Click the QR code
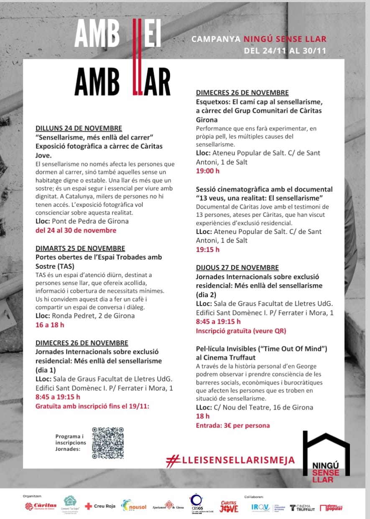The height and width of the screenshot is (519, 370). [108, 443]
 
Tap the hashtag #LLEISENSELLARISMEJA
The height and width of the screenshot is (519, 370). [230, 460]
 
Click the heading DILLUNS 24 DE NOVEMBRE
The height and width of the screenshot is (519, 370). [79, 128]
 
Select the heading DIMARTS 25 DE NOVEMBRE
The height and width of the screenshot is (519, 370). [80, 248]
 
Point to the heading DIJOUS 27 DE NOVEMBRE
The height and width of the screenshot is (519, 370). [237, 267]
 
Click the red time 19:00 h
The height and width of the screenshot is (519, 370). [208, 171]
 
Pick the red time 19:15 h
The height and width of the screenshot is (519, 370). [208, 249]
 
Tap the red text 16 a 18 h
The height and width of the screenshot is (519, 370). [50, 325]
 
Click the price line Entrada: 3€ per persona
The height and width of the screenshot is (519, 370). [233, 425]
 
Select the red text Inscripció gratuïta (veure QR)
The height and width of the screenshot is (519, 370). [241, 331]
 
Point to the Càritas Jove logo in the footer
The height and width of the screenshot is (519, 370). [229, 506]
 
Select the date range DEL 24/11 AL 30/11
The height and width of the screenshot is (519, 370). [285, 51]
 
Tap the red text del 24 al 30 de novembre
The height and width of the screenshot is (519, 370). [76, 230]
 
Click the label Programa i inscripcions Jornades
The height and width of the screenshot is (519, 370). [70, 443]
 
